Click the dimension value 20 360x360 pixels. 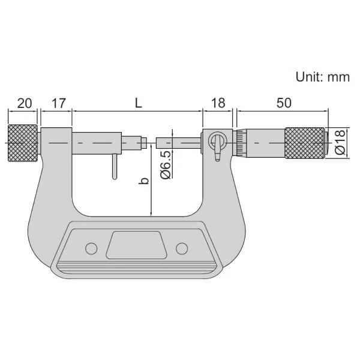click(25, 103)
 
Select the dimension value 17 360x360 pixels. click(59, 103)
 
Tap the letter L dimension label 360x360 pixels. click(138, 103)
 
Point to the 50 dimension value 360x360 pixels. click(284, 103)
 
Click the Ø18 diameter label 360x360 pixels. click(340, 142)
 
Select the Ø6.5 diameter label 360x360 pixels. click(166, 164)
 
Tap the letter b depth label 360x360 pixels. click(145, 181)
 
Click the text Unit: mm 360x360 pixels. click(323, 77)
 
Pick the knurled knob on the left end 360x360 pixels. click(23, 143)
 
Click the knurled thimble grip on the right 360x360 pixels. click(305, 143)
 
